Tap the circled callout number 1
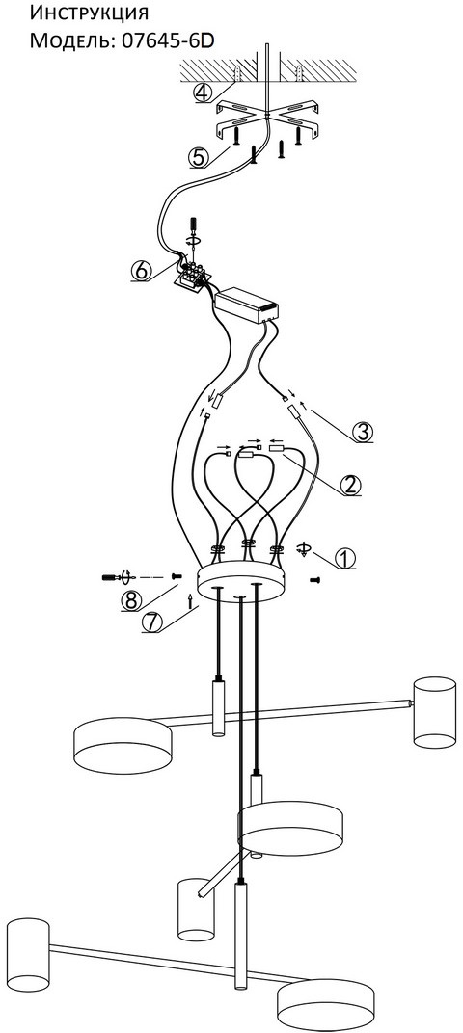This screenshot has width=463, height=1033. tap(345, 558)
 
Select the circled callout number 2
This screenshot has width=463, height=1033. tap(351, 486)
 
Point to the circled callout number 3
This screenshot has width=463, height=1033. tap(362, 432)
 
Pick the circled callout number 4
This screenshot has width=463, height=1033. tap(204, 93)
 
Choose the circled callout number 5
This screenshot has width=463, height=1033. tap(198, 158)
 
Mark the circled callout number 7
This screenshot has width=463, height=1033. tap(151, 622)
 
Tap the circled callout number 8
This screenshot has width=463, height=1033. tap(132, 600)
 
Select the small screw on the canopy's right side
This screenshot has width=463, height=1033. tap(314, 579)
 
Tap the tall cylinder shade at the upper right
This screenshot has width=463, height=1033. tap(435, 712)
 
